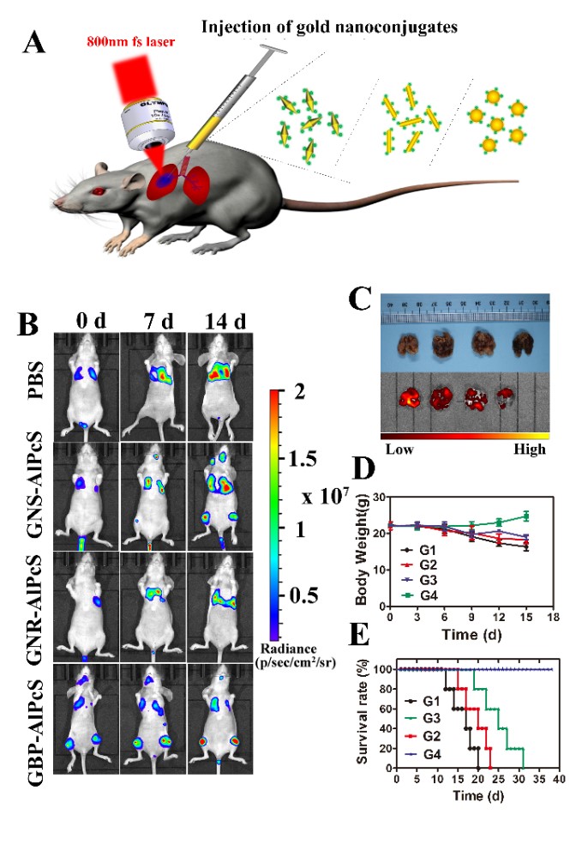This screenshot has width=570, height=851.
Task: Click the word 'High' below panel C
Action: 530,450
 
